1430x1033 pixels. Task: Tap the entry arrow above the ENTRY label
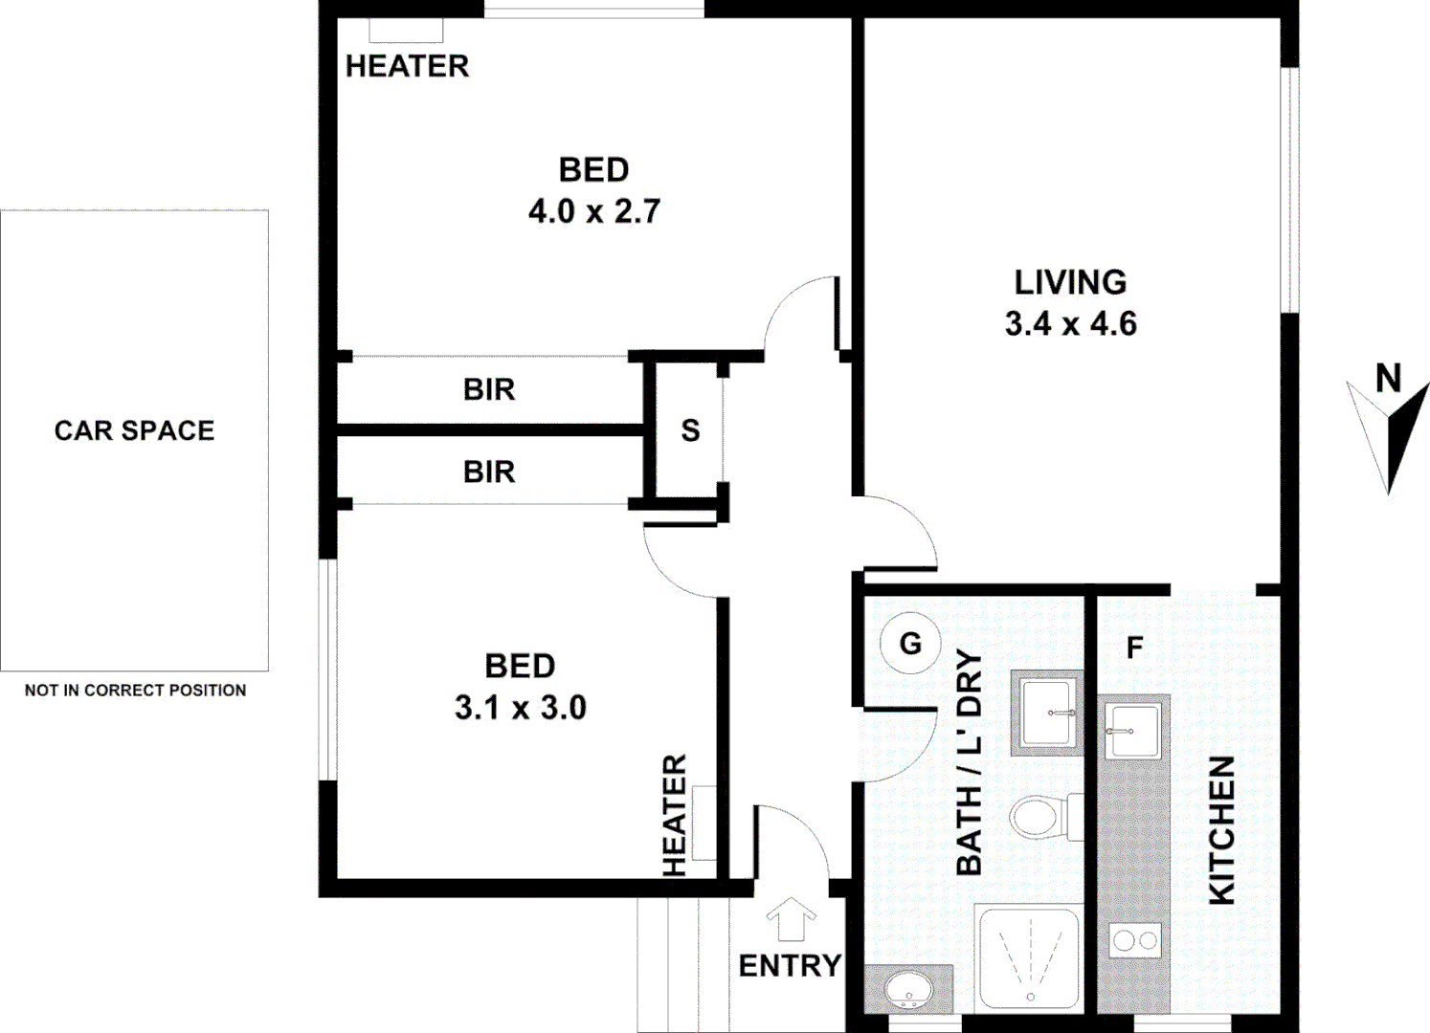(791, 920)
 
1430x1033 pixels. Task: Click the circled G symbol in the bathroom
(910, 644)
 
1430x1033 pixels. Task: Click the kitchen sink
(1132, 731)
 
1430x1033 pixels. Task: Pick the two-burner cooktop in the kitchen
(1135, 941)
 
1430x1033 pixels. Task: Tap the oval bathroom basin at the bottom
(907, 990)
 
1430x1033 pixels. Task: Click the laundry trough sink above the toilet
(1047, 713)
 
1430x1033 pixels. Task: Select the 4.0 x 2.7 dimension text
(594, 211)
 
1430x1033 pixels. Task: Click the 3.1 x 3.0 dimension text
(521, 708)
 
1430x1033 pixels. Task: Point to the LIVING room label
(1070, 282)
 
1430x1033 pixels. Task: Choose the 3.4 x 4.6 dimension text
(1070, 324)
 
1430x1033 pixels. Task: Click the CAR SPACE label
(134, 430)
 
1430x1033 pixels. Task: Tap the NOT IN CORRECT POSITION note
(135, 690)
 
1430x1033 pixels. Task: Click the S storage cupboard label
(690, 430)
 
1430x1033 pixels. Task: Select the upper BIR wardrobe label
(489, 389)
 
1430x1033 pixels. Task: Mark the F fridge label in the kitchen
(1134, 648)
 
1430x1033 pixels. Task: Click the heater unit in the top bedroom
(406, 31)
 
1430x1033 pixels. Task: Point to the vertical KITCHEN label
(1222, 829)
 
